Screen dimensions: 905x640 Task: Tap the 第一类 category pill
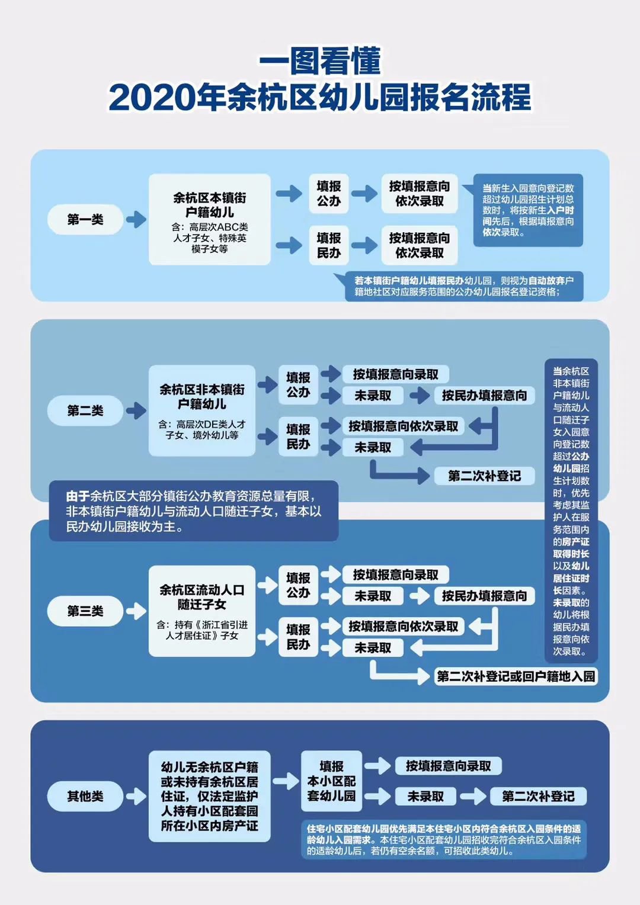(85, 220)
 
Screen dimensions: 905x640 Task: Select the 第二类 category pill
(85, 410)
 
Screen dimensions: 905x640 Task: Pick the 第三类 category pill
(85, 611)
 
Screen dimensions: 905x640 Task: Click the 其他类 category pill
(85, 796)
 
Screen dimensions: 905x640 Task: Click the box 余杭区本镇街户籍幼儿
(209, 220)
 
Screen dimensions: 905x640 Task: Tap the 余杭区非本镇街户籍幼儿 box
(202, 410)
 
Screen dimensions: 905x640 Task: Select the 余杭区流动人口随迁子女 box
(202, 611)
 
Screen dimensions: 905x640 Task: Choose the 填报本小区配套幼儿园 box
(331, 781)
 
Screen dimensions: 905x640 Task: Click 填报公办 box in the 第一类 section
(328, 194)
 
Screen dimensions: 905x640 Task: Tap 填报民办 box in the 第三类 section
(298, 637)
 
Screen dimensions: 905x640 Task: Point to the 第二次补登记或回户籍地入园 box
(516, 676)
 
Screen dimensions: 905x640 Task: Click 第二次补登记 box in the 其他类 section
(538, 796)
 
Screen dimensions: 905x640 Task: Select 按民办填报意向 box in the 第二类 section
(484, 396)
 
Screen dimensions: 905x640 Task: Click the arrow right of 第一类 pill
(136, 220)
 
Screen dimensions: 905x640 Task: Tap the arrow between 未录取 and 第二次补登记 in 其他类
(473, 796)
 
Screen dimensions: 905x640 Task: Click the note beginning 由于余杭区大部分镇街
(193, 511)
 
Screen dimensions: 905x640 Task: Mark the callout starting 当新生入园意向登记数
(527, 210)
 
